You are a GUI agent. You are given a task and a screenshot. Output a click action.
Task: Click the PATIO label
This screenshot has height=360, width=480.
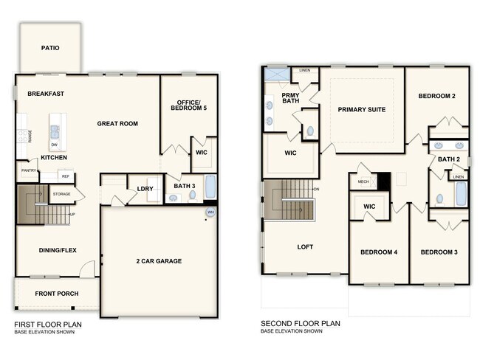click(50, 49)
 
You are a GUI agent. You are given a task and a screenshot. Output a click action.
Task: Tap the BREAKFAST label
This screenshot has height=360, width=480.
click(46, 94)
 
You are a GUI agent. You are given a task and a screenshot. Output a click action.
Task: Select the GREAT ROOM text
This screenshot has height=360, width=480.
click(117, 123)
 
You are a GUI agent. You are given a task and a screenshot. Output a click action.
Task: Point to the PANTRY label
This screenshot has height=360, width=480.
click(29, 170)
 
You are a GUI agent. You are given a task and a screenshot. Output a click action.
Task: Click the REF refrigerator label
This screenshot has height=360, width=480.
click(65, 176)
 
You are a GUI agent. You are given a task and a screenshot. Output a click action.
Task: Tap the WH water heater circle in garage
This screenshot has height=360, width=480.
click(210, 212)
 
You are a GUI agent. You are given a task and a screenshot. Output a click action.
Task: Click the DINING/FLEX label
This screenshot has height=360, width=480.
click(58, 250)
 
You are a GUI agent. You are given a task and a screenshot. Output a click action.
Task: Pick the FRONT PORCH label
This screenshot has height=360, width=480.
click(56, 294)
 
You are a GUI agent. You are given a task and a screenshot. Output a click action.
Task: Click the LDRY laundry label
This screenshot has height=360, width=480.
click(145, 188)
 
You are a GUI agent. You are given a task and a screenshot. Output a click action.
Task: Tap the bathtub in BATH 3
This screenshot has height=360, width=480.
click(210, 187)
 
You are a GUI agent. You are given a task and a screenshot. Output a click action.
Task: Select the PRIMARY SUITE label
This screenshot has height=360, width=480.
click(362, 109)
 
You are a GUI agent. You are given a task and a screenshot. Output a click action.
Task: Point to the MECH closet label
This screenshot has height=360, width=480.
click(363, 181)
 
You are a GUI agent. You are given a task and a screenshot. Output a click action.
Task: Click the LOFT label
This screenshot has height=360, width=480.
click(306, 246)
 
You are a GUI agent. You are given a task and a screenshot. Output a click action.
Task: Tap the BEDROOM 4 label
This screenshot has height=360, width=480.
click(379, 252)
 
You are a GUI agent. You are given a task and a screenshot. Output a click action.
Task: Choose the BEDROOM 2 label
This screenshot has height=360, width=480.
click(436, 96)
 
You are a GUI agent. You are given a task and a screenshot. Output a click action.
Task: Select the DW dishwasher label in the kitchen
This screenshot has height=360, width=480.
click(55, 145)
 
